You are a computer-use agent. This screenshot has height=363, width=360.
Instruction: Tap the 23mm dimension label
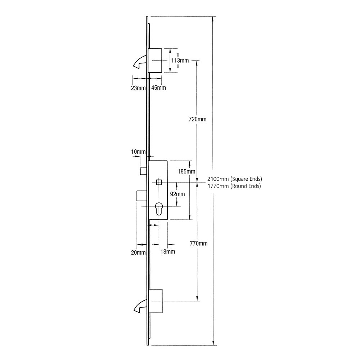click(x=138, y=88)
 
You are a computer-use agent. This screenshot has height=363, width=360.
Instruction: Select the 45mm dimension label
click(x=158, y=88)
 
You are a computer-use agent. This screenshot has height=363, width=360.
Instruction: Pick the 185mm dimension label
click(x=186, y=171)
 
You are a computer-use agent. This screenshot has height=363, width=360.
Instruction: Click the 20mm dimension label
click(x=138, y=252)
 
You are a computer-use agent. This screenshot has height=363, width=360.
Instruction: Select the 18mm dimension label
click(x=168, y=252)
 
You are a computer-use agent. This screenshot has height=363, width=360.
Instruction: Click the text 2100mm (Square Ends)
click(x=234, y=179)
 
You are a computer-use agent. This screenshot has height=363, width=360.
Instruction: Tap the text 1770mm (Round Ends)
click(x=234, y=186)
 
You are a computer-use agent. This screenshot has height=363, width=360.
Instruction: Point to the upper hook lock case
click(x=156, y=60)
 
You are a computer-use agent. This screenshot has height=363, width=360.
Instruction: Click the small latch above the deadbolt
click(x=143, y=170)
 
